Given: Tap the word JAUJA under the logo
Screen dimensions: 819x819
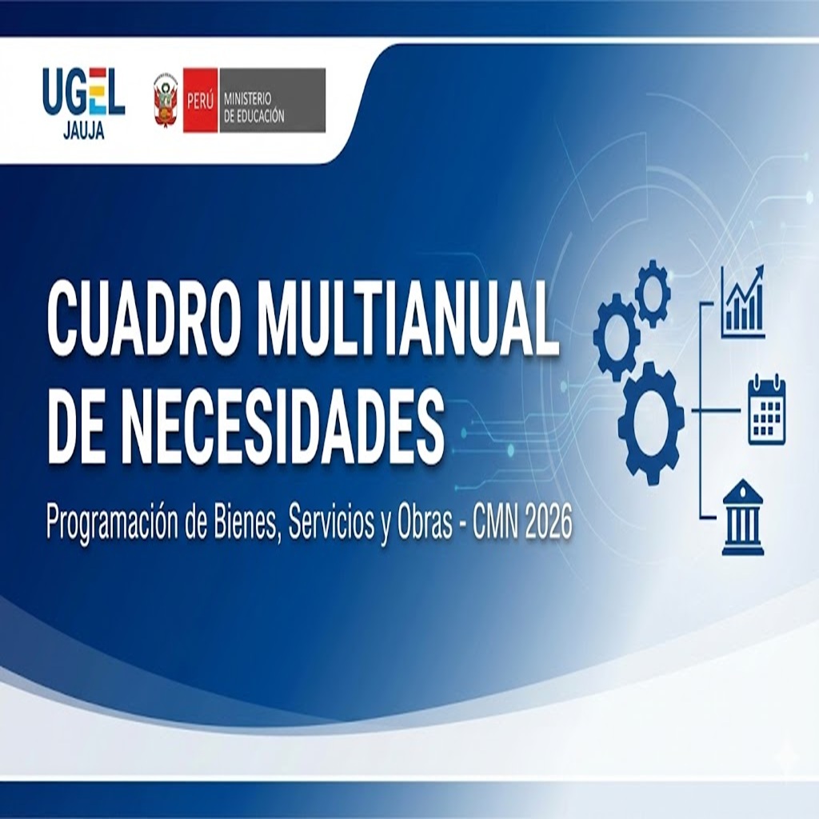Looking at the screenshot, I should pyautogui.click(x=83, y=132).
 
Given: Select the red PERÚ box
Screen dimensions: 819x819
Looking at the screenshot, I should pyautogui.click(x=200, y=100).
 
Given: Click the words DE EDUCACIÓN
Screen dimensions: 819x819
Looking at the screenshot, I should pyautogui.click(x=254, y=115).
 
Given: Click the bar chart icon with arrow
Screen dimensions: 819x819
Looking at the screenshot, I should pyautogui.click(x=742, y=302).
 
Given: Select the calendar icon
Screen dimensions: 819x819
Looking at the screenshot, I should pyautogui.click(x=766, y=409).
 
